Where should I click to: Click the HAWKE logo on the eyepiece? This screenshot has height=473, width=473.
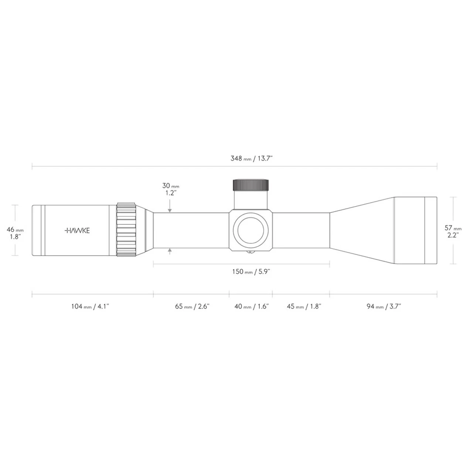77,231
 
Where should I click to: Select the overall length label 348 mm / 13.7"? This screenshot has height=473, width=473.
252,159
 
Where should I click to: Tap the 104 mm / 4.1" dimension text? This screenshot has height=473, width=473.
90,307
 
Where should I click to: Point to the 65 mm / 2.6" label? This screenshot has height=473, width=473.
192,307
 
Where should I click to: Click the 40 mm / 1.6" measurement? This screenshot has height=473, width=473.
252,307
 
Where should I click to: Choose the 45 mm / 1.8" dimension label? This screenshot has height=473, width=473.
304,307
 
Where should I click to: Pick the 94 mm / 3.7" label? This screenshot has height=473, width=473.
384,307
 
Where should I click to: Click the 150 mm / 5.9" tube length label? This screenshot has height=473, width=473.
251,272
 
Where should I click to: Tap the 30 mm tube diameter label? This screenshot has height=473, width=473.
171,186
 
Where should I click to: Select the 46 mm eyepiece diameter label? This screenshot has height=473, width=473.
15,230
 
